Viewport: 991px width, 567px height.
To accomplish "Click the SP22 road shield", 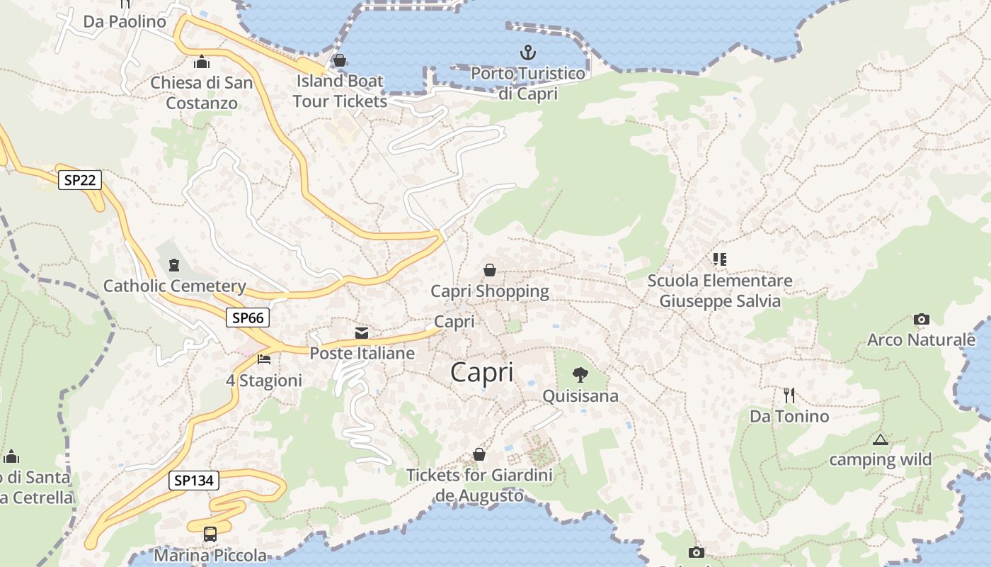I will pyautogui.click(x=79, y=180).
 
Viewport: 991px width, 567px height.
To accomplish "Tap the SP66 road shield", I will pyautogui.click(x=248, y=318).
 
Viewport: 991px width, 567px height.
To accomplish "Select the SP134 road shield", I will pyautogui.click(x=194, y=481).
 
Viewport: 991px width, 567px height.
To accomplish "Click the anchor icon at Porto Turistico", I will pyautogui.click(x=528, y=52).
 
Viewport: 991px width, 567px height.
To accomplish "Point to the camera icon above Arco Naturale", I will pyautogui.click(x=921, y=319).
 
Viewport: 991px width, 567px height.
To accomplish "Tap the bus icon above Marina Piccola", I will pyautogui.click(x=210, y=534).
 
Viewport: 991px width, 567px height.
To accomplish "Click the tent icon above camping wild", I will pyautogui.click(x=880, y=439).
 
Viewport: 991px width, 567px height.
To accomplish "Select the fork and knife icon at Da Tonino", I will pyautogui.click(x=789, y=395).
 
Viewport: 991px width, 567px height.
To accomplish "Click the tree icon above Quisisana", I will pyautogui.click(x=580, y=375).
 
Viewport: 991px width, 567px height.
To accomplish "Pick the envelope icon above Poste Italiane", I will pyautogui.click(x=362, y=332).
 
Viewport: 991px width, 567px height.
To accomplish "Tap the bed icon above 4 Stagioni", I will pyautogui.click(x=264, y=359).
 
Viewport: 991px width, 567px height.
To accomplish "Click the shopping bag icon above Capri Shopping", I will pyautogui.click(x=489, y=270).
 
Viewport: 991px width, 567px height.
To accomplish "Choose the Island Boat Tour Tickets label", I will pyautogui.click(x=340, y=91).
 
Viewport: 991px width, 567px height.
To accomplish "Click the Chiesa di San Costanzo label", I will pyautogui.click(x=202, y=93).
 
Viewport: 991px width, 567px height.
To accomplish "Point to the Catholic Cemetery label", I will pyautogui.click(x=175, y=286).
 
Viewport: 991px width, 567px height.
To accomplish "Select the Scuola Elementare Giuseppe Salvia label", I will pyautogui.click(x=720, y=291).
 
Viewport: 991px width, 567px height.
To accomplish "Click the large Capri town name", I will pyautogui.click(x=481, y=372).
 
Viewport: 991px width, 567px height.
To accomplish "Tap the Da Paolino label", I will pyautogui.click(x=125, y=21).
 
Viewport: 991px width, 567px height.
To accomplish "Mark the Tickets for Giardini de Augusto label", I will pyautogui.click(x=479, y=485).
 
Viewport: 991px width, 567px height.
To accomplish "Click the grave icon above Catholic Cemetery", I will pyautogui.click(x=174, y=265).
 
